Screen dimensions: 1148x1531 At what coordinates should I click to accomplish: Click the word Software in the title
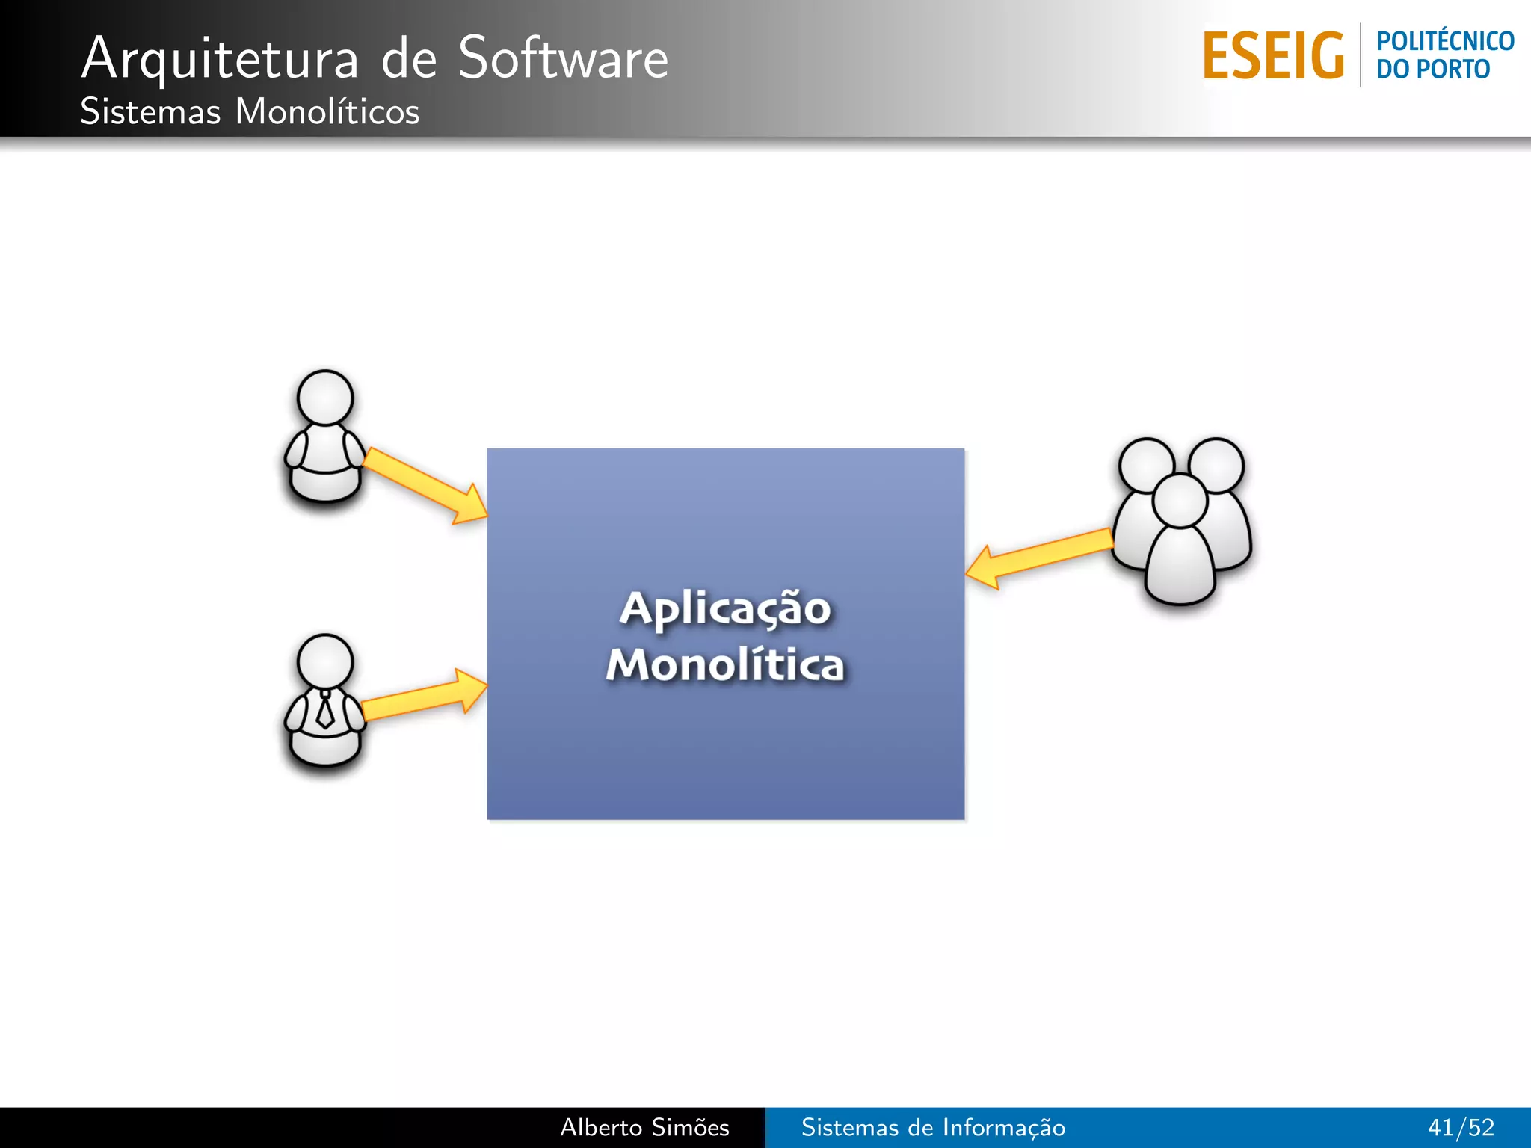(x=563, y=58)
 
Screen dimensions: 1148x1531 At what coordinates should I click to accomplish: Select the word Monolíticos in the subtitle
(x=327, y=112)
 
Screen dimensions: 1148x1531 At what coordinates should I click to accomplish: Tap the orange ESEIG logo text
(x=1273, y=56)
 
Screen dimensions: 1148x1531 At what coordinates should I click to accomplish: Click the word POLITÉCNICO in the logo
(x=1445, y=41)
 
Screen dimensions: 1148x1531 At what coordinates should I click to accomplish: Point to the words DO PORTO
(x=1433, y=70)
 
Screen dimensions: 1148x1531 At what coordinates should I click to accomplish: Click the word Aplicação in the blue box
(x=724, y=608)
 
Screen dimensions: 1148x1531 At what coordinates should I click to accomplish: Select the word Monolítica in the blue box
(x=724, y=664)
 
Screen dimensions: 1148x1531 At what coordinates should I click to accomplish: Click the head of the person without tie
(x=325, y=397)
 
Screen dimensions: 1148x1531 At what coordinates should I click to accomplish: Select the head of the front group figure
(x=1180, y=500)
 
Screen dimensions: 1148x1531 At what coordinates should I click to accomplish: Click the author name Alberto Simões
(x=644, y=1127)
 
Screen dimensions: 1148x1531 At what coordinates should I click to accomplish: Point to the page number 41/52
(x=1460, y=1127)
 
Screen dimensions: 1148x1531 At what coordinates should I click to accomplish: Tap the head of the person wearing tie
(x=325, y=661)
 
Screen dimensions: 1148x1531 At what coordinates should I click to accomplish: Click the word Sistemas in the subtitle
(x=150, y=112)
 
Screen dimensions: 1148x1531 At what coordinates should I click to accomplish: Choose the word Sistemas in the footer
(x=849, y=1127)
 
